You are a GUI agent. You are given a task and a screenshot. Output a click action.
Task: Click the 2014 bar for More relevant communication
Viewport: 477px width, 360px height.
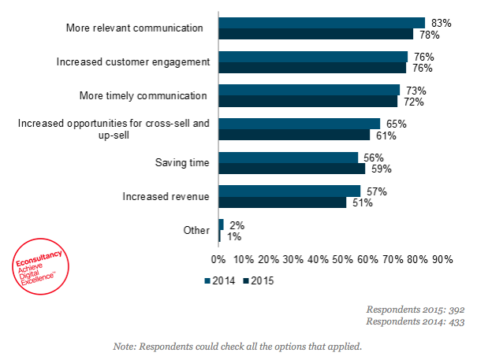pos(322,23)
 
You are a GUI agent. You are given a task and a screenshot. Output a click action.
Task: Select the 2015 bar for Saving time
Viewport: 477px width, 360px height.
pos(292,169)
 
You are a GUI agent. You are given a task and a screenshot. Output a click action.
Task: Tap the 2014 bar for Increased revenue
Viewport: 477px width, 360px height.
pos(289,191)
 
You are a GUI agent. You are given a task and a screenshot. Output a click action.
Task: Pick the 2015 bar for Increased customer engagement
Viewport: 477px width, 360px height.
pos(312,68)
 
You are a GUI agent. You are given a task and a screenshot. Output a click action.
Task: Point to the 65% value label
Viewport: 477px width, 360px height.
pos(397,124)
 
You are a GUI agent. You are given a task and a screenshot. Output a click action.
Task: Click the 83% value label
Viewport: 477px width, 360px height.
pos(442,23)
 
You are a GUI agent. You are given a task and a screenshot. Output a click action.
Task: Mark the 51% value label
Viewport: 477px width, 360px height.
pos(362,202)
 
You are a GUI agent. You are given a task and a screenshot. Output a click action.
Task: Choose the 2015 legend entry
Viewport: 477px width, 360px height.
pos(259,280)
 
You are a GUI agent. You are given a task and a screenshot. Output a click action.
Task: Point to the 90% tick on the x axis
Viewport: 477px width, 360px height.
pos(442,259)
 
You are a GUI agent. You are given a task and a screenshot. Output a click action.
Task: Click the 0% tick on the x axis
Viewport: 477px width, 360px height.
pos(219,259)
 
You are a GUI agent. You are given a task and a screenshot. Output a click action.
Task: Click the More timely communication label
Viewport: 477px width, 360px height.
pos(143,95)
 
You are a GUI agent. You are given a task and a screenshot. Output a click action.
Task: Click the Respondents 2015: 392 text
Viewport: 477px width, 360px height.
pos(416,310)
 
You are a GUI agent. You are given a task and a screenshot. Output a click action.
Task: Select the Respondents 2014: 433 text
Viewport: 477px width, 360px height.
pos(416,321)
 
